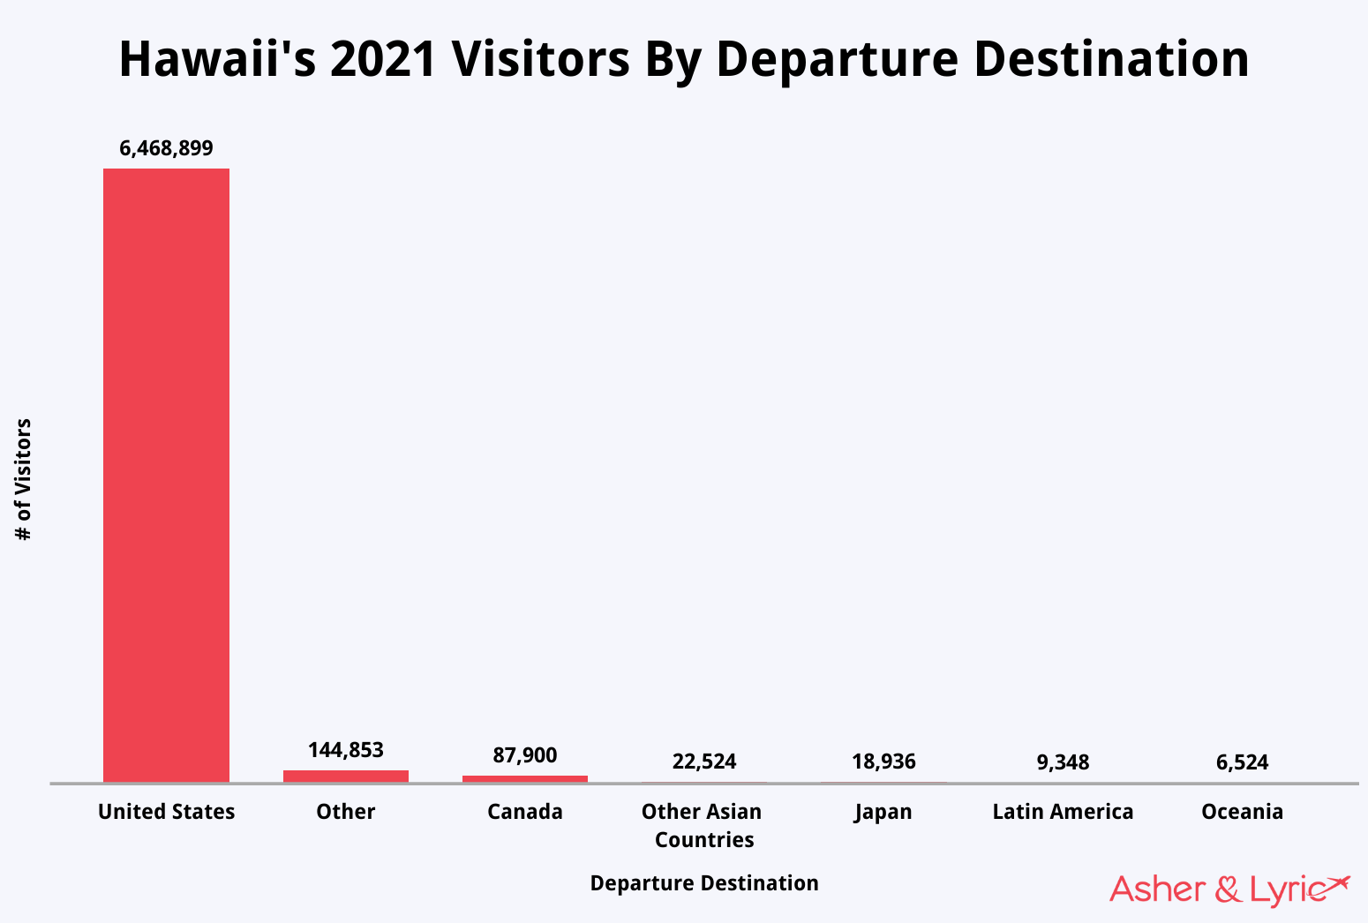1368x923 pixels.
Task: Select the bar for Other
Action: [345, 776]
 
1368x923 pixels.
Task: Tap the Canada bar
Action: [524, 778]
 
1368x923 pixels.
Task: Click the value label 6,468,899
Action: [166, 148]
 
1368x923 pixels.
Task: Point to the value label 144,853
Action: [345, 750]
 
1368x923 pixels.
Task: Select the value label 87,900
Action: [524, 755]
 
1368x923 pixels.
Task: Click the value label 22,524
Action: [703, 762]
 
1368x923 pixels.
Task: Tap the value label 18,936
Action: [883, 762]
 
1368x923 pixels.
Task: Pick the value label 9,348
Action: [1063, 762]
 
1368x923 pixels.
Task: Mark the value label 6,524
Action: [1242, 762]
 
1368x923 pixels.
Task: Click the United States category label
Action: [166, 812]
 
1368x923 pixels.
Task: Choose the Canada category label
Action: [524, 812]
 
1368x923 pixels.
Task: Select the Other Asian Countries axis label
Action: [703, 825]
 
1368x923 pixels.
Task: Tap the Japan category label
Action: [883, 812]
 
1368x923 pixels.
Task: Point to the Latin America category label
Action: [1063, 812]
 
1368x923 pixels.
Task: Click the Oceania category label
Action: [1242, 812]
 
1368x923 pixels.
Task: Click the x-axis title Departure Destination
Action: [703, 883]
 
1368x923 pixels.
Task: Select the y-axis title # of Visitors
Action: [24, 480]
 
